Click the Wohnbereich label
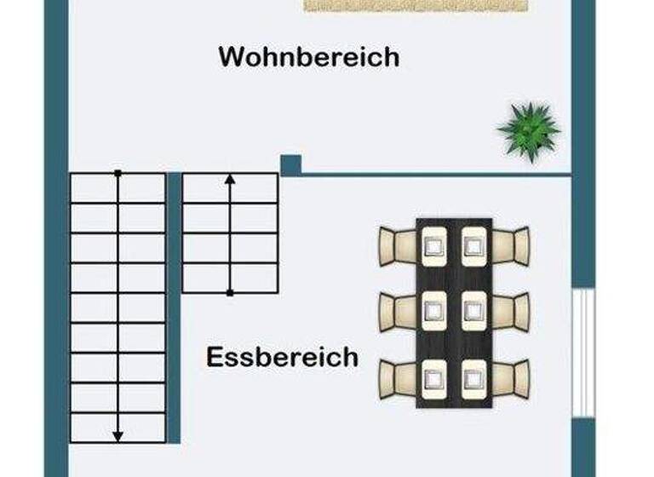308,57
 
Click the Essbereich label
282,356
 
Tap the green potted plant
529,130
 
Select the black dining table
454,312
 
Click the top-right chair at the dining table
512,245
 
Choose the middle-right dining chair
512,311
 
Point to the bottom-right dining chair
512,377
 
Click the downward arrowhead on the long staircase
118,435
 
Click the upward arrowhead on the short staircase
230,180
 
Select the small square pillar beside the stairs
291,164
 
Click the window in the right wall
582,352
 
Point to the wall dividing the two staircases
174,307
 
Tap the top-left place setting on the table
434,245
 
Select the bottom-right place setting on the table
474,377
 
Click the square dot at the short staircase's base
230,292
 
